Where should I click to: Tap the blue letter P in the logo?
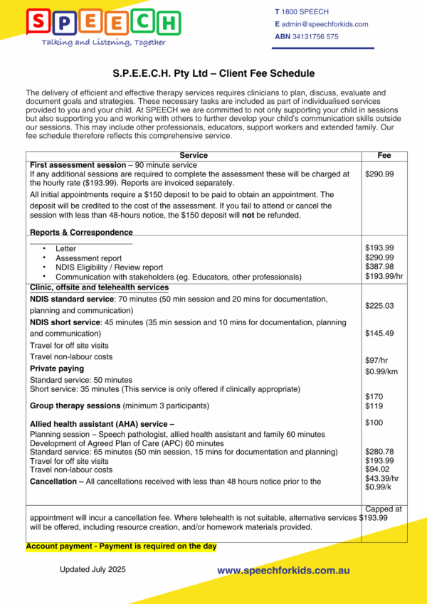click(66, 22)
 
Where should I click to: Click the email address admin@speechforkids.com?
click(325, 24)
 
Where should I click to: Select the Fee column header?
click(384, 155)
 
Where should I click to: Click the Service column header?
click(194, 155)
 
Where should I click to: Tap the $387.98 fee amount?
click(379, 267)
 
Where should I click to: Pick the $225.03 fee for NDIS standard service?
click(379, 306)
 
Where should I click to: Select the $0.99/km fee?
click(381, 371)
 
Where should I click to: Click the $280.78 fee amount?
click(379, 452)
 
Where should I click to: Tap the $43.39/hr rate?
click(381, 478)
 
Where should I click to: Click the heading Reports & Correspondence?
click(81, 232)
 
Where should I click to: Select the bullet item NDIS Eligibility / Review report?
click(109, 267)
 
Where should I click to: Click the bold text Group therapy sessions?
click(75, 406)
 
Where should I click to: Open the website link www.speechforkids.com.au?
click(283, 571)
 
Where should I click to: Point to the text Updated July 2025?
click(93, 570)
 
